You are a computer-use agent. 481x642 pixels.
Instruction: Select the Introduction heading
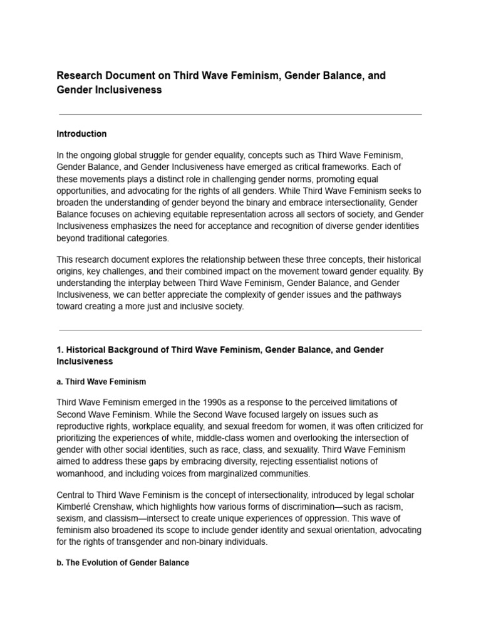(81, 134)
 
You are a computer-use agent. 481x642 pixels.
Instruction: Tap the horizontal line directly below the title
(240, 115)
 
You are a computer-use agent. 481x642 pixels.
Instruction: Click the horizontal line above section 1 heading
(240, 330)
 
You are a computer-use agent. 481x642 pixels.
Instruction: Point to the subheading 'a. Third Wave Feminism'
(101, 382)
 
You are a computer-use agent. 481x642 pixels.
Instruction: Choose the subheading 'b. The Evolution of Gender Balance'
(123, 562)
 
